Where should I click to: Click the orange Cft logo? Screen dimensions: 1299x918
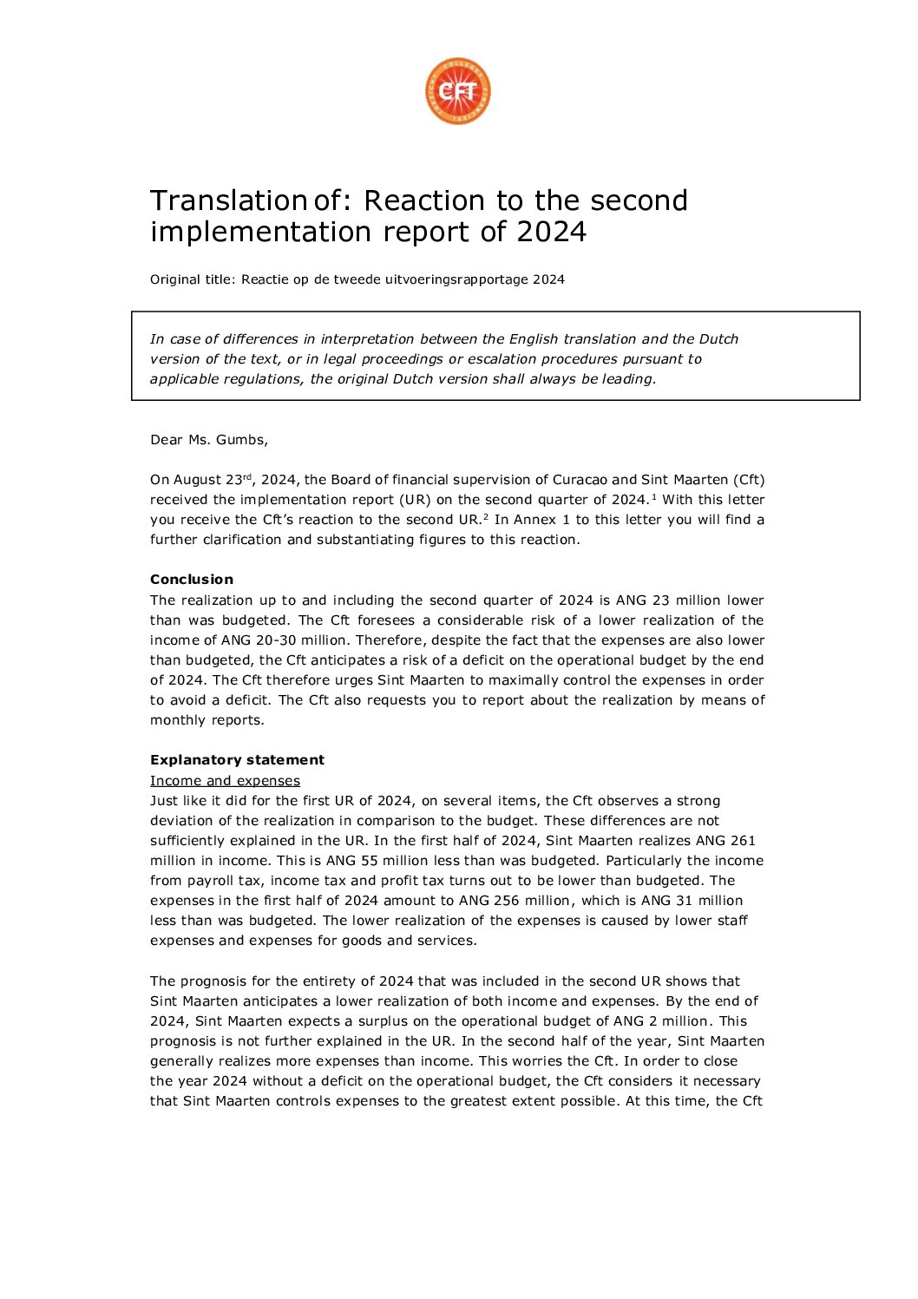click(458, 91)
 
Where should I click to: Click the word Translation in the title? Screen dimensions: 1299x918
click(228, 200)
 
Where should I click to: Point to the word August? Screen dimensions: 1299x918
click(199, 480)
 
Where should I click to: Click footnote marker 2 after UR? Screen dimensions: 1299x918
click(486, 516)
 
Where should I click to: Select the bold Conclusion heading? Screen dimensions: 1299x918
click(192, 580)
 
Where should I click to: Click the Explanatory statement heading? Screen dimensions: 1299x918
click(237, 760)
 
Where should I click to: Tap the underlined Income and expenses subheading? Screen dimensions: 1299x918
click(225, 781)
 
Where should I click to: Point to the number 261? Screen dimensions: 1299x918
click(743, 841)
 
